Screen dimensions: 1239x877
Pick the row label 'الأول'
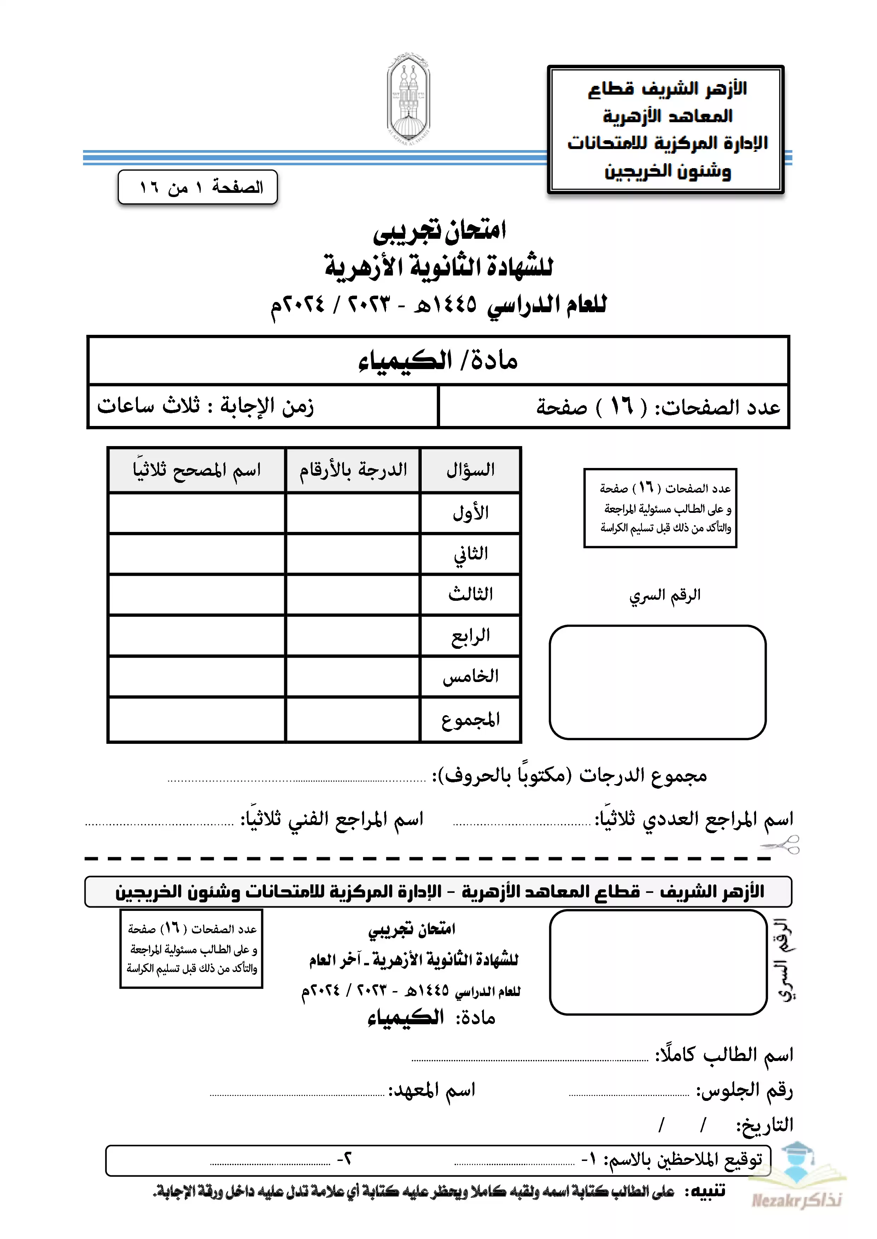click(x=470, y=512)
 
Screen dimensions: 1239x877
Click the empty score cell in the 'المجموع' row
click(x=353, y=720)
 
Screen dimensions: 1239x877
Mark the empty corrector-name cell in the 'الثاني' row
click(x=197, y=554)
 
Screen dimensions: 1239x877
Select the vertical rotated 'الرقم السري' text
click(x=786, y=961)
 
